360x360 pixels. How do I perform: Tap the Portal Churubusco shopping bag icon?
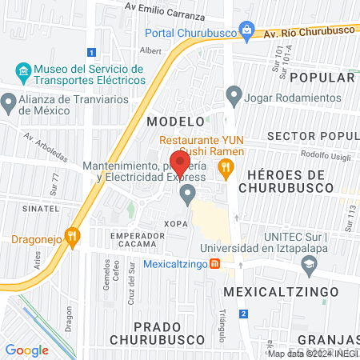[247, 32]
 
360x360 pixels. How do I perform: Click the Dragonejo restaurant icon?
[73, 236]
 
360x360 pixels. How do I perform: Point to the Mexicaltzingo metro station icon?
[214, 265]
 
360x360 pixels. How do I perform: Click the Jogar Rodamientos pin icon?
[234, 97]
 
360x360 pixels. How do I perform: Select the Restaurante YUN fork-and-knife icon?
[226, 167]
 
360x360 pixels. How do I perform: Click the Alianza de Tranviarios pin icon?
[9, 102]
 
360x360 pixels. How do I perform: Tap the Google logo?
[26, 350]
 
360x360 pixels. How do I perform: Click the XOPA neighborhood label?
[176, 223]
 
